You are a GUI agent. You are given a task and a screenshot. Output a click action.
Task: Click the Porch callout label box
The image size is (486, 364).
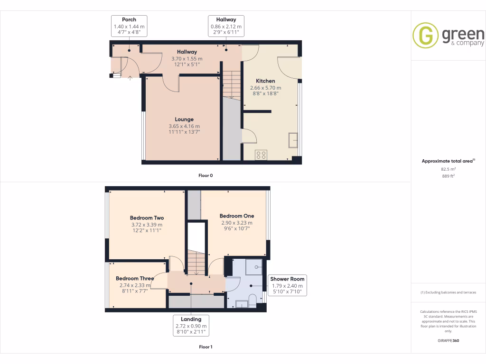point(129,26)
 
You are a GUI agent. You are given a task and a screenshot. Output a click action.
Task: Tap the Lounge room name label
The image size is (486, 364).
point(184,119)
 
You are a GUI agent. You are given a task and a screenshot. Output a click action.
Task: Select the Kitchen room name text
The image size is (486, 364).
point(265,81)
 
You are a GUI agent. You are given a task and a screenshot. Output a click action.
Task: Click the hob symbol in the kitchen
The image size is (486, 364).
point(261,155)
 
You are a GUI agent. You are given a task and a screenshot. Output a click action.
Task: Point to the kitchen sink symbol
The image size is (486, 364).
point(293,140)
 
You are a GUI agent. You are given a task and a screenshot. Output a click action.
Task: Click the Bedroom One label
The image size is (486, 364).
point(237,216)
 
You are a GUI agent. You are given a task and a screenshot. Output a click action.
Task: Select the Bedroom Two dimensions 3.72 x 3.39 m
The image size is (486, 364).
point(147,225)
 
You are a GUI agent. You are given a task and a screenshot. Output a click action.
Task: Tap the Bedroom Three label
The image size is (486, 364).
point(134,279)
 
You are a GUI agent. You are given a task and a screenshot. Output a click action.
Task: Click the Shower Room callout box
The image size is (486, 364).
point(288,285)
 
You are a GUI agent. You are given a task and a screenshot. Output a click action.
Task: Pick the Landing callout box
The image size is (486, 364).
point(191,326)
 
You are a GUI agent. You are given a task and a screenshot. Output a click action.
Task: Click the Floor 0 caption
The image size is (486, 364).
point(206,176)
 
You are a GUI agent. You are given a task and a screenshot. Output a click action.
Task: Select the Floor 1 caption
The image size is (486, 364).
point(206,347)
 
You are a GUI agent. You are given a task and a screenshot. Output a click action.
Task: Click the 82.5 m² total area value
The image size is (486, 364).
point(448,169)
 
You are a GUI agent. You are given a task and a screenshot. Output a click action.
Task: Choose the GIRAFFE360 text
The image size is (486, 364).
point(448,341)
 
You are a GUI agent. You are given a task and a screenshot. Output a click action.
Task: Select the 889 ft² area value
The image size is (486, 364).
point(448,176)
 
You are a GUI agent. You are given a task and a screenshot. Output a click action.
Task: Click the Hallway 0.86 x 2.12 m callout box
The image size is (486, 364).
point(226,26)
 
